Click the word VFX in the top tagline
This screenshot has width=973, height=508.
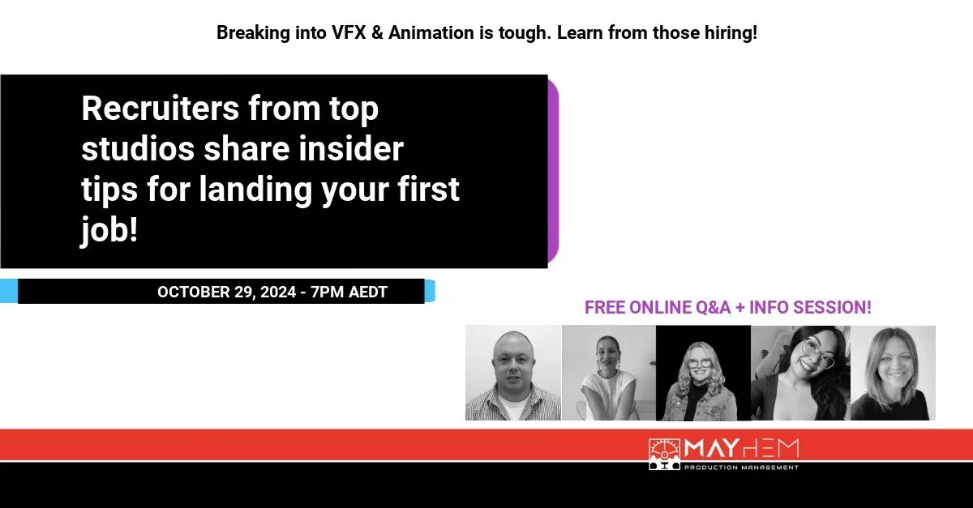click(363, 33)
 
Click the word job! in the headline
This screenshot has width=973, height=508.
click(109, 230)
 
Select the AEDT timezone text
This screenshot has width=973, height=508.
click(368, 292)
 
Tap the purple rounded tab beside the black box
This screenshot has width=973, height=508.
click(553, 171)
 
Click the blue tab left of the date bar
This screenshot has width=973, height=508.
click(8, 290)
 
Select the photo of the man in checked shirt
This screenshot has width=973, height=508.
click(512, 373)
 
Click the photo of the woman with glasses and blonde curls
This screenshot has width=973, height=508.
click(702, 373)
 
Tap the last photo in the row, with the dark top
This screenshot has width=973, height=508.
click(893, 373)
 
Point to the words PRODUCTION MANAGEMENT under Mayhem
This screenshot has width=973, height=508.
click(741, 467)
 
